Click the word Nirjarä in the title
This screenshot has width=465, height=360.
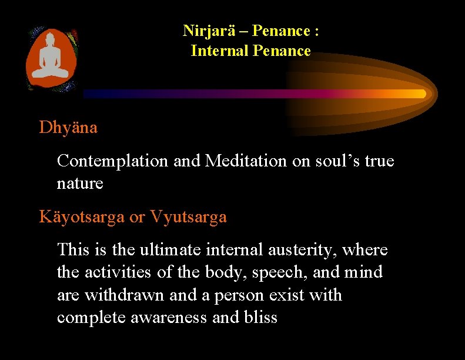coord(206,31)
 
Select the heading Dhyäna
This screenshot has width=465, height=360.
coord(68,127)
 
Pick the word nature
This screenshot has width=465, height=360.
coord(80,184)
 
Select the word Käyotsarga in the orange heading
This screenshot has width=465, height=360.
coord(82,217)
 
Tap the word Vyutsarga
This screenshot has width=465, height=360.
coord(188,217)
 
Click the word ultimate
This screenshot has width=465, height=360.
coord(166,250)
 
